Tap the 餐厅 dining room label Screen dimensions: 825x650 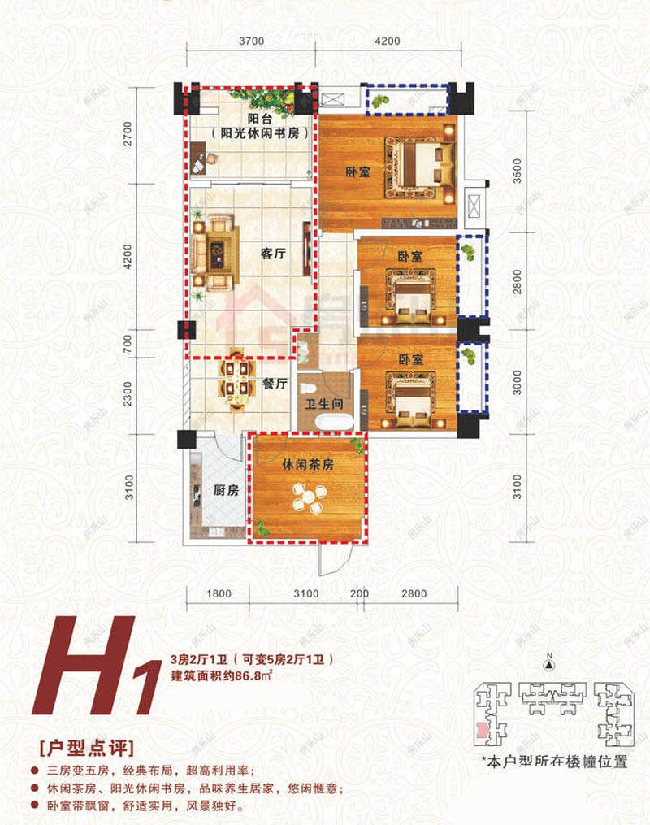(276, 383)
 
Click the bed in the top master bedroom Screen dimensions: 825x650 (420, 166)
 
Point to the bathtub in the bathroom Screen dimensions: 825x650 (332, 422)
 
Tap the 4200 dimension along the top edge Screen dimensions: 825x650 (388, 41)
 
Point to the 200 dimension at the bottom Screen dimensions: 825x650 (361, 593)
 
